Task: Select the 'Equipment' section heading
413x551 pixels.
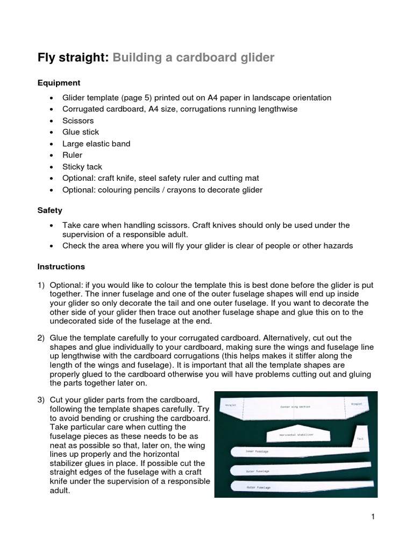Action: (59, 83)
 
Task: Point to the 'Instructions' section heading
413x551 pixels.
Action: (61, 266)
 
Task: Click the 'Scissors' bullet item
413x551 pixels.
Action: (78, 121)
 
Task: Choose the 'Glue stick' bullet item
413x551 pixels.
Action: (81, 132)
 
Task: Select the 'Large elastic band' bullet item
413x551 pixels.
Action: (96, 144)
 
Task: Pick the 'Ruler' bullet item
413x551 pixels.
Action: (73, 155)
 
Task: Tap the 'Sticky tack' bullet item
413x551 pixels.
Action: (82, 167)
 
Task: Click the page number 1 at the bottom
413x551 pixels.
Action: (372, 517)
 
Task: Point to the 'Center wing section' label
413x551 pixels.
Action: (295, 407)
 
